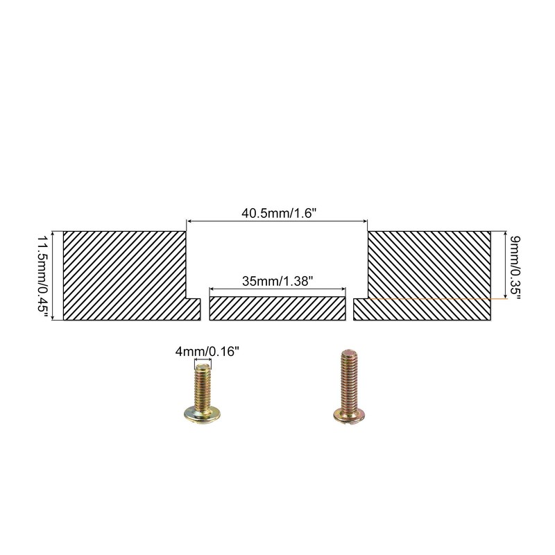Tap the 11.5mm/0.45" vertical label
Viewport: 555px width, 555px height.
pos(42,276)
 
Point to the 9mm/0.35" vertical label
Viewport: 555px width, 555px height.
pos(514,266)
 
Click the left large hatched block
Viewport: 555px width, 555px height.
pos(125,274)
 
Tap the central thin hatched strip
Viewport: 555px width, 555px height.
pos(277,309)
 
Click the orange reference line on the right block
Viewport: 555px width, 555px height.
pos(430,298)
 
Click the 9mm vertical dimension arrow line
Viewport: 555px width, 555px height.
pos(502,265)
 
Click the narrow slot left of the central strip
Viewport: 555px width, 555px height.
pos(205,309)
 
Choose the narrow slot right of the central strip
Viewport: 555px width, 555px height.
pos(349,309)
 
